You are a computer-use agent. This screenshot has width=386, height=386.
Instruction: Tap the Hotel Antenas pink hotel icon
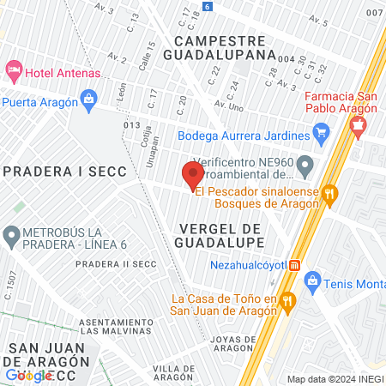click(x=13, y=68)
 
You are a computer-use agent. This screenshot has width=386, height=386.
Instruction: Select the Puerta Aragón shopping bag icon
click(x=90, y=99)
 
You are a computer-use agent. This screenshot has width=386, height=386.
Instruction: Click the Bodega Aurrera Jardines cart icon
click(x=322, y=132)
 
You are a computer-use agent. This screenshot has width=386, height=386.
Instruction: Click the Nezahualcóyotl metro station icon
click(x=296, y=265)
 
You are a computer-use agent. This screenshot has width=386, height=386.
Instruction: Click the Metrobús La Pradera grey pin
click(x=11, y=233)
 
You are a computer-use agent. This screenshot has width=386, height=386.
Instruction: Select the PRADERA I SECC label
click(x=55, y=171)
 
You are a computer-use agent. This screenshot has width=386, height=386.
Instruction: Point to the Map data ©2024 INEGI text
click(x=335, y=379)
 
